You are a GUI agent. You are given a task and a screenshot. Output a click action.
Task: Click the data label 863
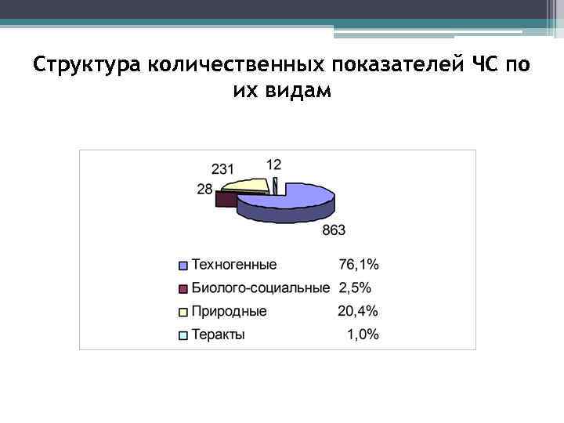[x=332, y=230]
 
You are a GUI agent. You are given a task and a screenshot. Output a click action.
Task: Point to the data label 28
[x=204, y=189]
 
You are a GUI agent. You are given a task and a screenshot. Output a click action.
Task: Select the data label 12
[x=273, y=164]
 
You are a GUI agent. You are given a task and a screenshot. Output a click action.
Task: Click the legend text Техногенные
[x=234, y=265]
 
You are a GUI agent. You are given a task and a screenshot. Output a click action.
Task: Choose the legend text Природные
[x=230, y=311]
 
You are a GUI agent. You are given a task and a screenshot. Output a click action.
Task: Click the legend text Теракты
[x=219, y=334]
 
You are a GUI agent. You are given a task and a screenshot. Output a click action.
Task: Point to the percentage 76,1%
[x=359, y=265]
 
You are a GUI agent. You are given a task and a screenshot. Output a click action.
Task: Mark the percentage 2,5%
[x=355, y=287]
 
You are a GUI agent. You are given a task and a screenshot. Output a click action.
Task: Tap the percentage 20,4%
[x=359, y=311]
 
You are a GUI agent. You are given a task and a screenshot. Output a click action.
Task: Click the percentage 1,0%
[x=363, y=334]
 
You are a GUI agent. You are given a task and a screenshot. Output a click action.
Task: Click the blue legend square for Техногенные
[x=183, y=266]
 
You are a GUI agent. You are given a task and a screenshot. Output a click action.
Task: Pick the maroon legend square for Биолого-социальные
[x=183, y=288]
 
